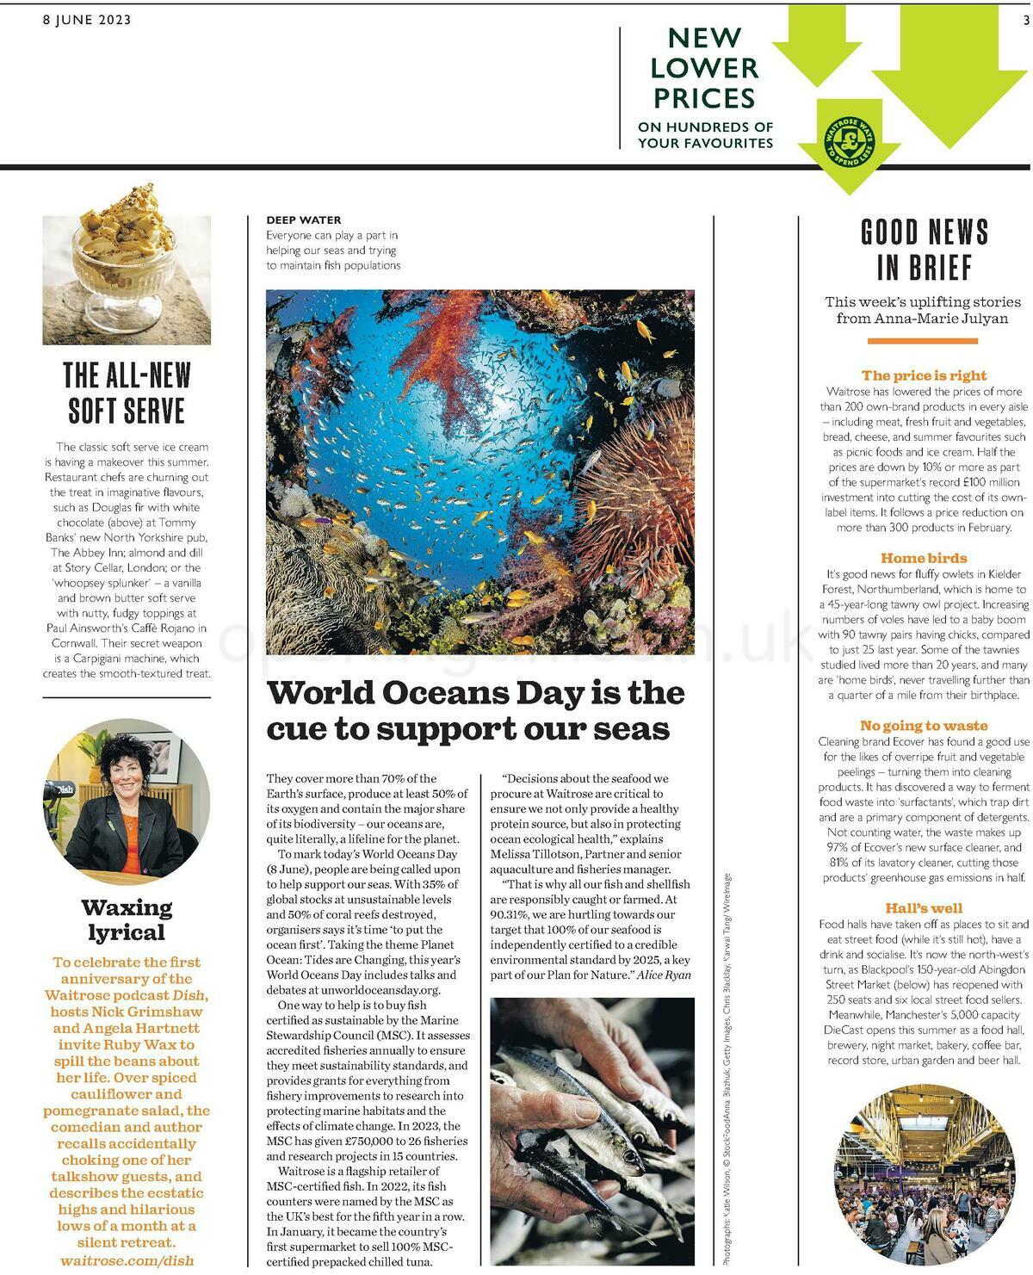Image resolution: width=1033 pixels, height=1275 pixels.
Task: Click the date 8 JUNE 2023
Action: [87, 20]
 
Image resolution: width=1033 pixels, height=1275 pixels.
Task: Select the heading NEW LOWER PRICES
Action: [704, 68]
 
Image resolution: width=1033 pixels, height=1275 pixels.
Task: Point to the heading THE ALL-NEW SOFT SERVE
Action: [127, 393]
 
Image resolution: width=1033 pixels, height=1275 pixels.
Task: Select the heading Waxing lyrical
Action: [127, 919]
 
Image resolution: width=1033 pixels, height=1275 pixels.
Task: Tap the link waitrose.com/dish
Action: [127, 1260]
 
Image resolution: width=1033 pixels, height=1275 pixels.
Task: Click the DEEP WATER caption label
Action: [303, 220]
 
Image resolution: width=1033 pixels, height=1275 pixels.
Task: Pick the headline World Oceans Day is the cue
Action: [475, 710]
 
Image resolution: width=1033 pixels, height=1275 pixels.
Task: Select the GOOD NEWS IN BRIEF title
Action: [925, 250]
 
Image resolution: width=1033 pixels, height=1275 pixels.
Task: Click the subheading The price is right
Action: [925, 375]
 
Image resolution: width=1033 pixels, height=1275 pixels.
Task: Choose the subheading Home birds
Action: [925, 558]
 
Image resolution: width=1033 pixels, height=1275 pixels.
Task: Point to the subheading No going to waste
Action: [925, 726]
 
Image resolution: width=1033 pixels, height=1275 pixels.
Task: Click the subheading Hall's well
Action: [925, 908]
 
